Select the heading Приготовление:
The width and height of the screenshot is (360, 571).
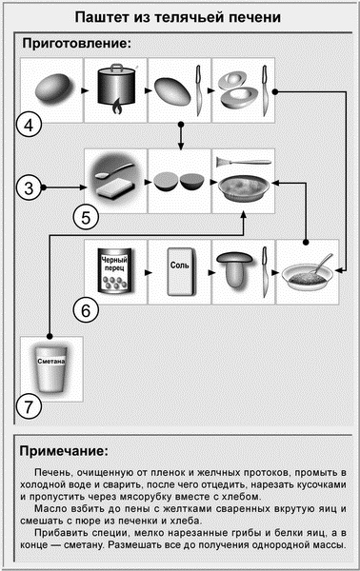click(x=75, y=45)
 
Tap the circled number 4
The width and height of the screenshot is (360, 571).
click(x=31, y=124)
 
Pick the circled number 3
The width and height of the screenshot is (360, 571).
click(x=31, y=188)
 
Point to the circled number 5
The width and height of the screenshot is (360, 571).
click(x=86, y=217)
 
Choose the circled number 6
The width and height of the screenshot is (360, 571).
click(x=86, y=309)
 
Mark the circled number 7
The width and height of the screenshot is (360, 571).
click(x=31, y=406)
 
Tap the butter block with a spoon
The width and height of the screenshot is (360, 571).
click(x=115, y=179)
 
